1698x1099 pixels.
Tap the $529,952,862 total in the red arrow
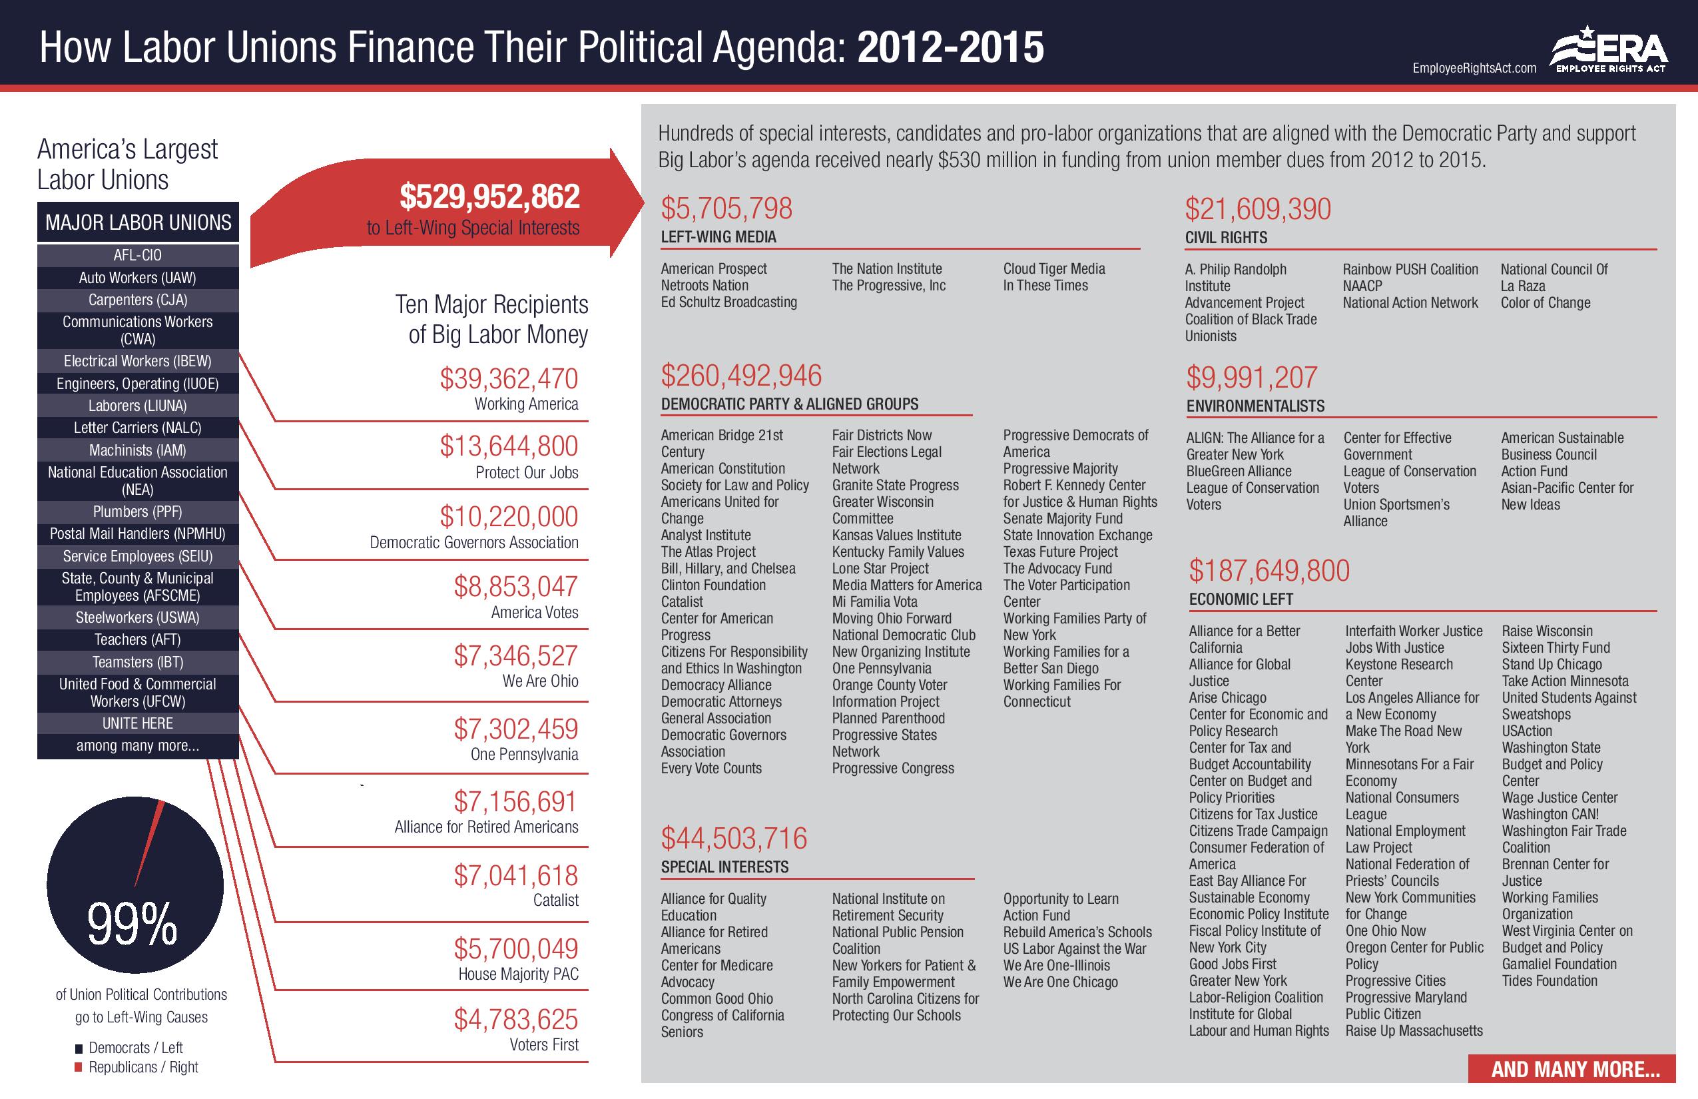[489, 197]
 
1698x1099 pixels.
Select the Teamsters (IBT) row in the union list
[138, 662]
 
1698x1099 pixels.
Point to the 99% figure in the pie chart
[133, 924]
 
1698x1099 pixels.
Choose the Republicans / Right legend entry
[142, 1068]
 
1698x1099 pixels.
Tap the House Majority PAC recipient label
[518, 974]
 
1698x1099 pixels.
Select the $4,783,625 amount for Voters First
[516, 1020]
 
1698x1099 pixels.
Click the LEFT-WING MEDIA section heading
[718, 237]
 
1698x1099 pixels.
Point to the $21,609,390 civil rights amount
[1258, 209]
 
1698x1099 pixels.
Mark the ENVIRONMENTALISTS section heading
[1255, 406]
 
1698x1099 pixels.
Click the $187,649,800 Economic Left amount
[1269, 571]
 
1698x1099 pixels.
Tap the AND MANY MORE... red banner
[1575, 1069]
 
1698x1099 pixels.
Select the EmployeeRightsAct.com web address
[1474, 69]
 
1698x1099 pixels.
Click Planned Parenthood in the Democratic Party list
[888, 719]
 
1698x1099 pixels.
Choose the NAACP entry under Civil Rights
[1362, 286]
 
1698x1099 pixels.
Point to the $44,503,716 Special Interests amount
[734, 839]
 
